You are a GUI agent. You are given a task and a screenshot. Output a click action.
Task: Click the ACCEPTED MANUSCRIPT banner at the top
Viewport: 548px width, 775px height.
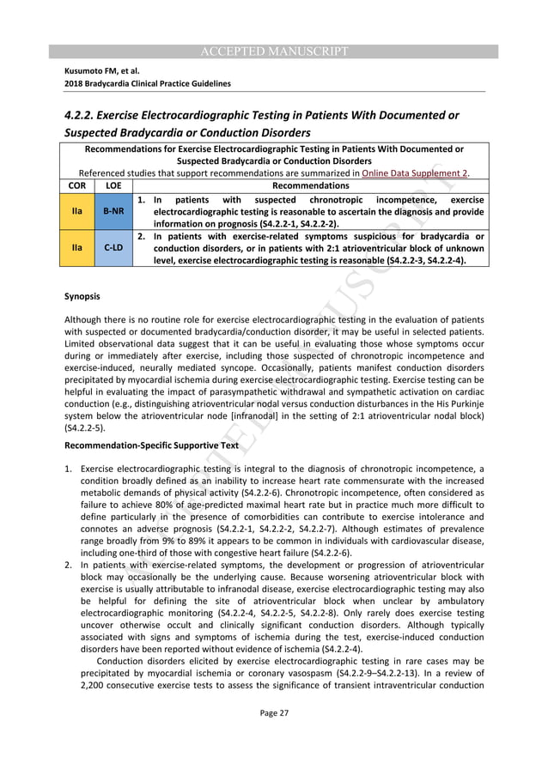[274, 51]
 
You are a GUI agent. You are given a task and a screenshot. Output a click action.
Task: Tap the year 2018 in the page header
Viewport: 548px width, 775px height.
[76, 83]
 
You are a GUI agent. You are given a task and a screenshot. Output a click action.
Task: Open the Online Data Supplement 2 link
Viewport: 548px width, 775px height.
[415, 173]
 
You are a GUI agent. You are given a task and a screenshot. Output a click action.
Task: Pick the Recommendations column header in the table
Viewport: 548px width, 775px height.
[310, 185]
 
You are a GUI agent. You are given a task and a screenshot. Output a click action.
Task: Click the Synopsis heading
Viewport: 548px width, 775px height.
[82, 297]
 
